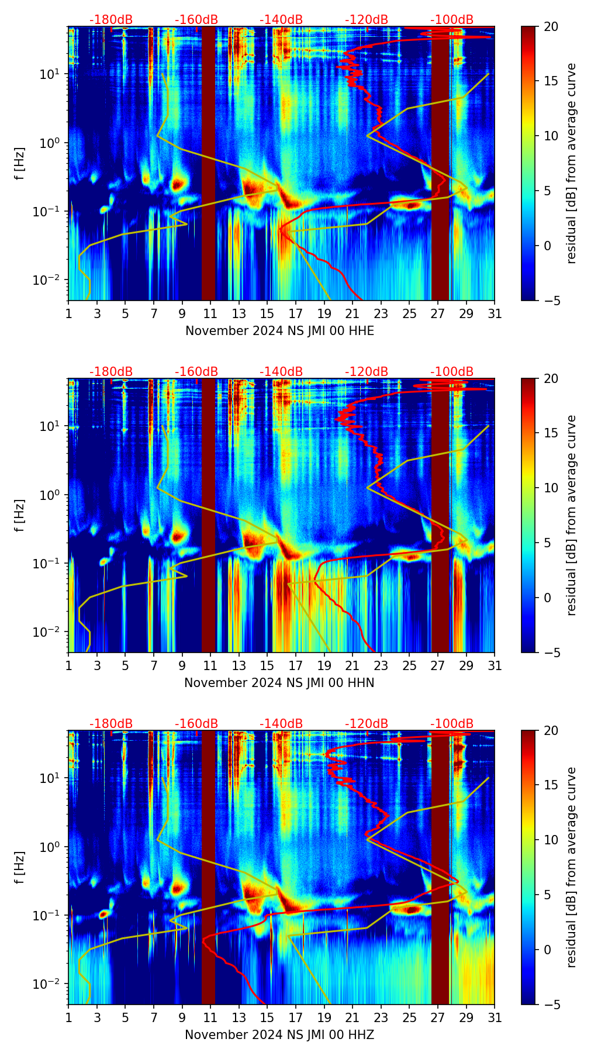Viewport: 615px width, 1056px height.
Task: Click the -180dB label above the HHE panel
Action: click(x=111, y=20)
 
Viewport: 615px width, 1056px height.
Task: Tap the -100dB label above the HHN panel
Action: click(x=452, y=372)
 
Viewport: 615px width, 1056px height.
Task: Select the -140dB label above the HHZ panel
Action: click(x=281, y=724)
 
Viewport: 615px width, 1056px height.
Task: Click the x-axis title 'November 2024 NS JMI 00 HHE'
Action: click(x=279, y=331)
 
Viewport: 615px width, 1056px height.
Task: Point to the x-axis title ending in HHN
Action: click(x=279, y=683)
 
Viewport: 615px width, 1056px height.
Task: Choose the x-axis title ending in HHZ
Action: click(x=279, y=1035)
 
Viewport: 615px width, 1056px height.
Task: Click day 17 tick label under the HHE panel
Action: click(x=295, y=313)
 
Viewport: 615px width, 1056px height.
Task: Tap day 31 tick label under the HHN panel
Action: click(x=495, y=665)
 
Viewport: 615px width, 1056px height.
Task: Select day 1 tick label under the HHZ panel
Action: click(x=68, y=1017)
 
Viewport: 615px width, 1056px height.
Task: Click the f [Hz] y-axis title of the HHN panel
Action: click(x=20, y=515)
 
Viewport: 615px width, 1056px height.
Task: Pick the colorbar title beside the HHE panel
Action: click(x=571, y=163)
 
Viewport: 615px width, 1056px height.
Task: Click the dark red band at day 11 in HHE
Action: click(x=209, y=164)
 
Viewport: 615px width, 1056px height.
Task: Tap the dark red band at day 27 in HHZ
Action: click(x=440, y=877)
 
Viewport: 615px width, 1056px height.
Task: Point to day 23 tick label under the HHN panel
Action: click(x=381, y=665)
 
